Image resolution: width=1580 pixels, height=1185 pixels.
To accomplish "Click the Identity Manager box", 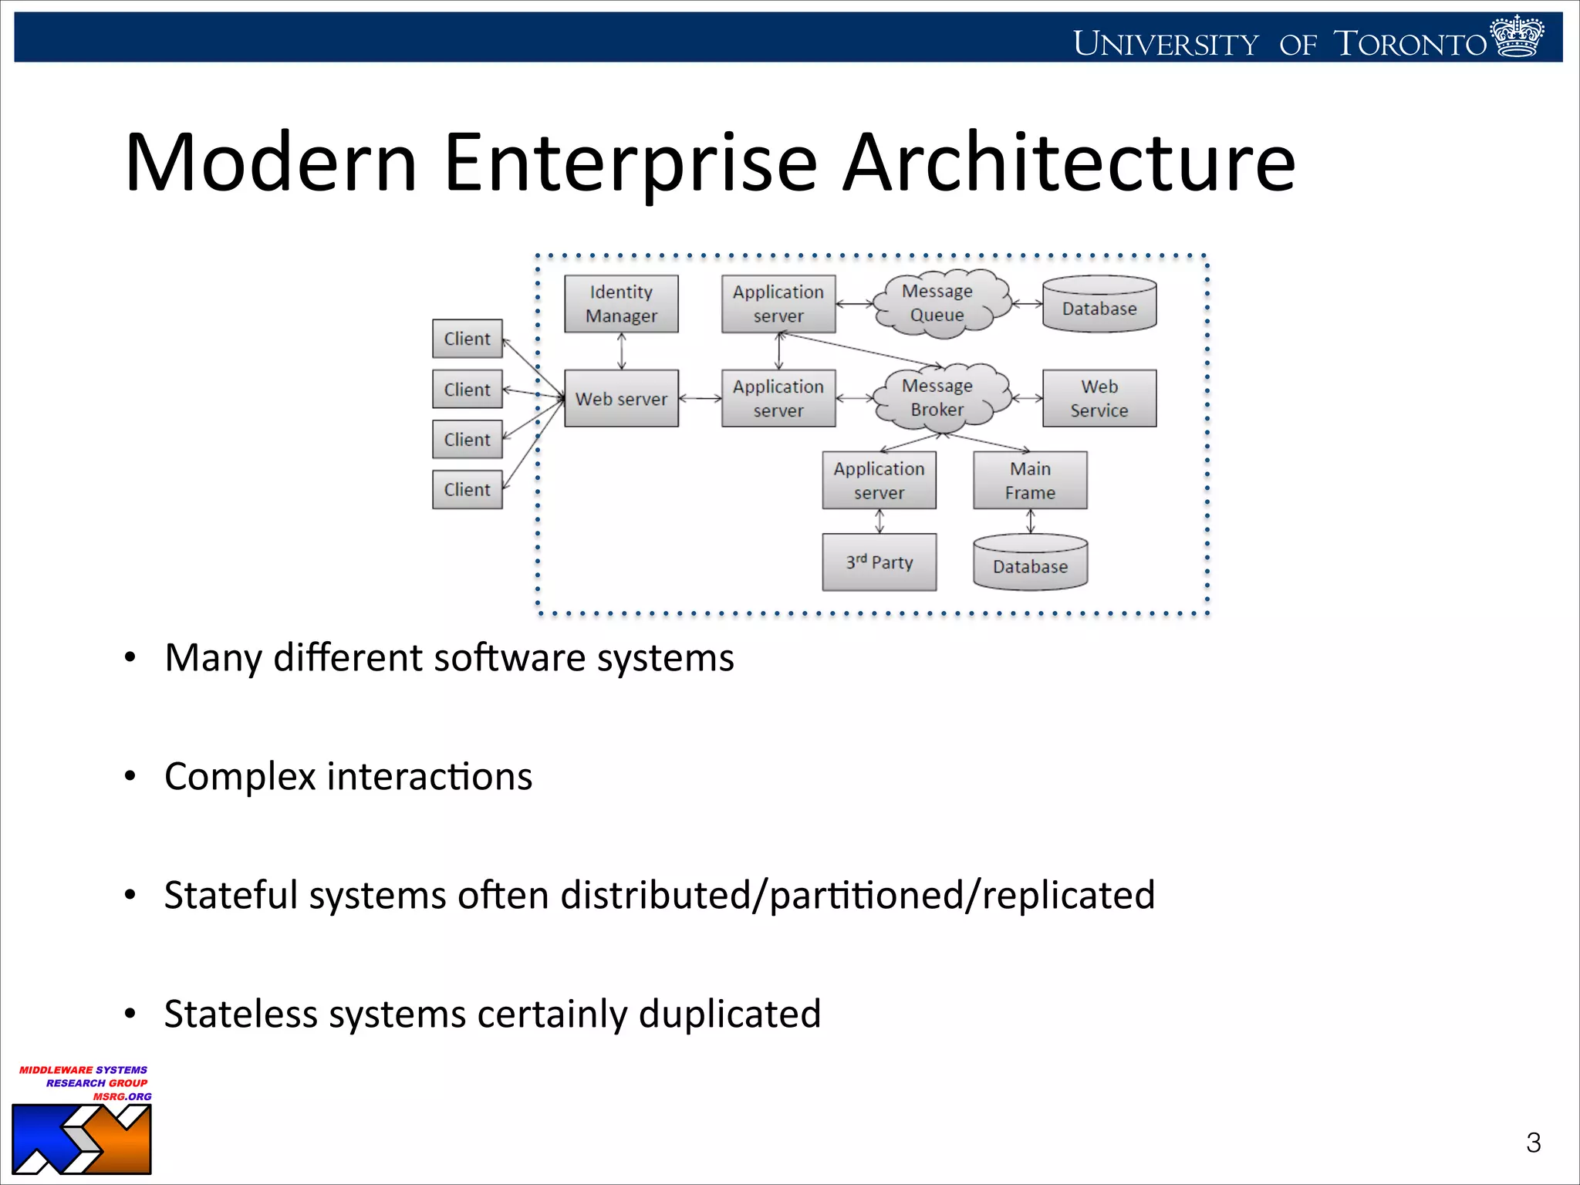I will pyautogui.click(x=621, y=304).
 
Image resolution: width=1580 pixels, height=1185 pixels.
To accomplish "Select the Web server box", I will pyautogui.click(x=621, y=398).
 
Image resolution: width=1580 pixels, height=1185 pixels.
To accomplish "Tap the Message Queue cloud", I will pyautogui.click(x=938, y=303).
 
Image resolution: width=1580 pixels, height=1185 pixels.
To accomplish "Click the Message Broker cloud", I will pyautogui.click(x=938, y=397).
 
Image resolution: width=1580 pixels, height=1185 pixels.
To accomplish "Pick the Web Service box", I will pyautogui.click(x=1099, y=398).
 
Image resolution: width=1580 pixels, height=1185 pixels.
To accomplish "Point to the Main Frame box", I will pyautogui.click(x=1030, y=480).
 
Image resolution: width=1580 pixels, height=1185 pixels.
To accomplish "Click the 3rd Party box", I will pyautogui.click(x=879, y=562).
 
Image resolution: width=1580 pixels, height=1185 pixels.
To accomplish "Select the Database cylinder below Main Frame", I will pyautogui.click(x=1030, y=564).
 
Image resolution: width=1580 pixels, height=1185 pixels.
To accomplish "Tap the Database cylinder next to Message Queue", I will pyautogui.click(x=1099, y=306).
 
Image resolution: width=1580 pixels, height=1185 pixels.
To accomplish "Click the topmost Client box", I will pyautogui.click(x=467, y=339).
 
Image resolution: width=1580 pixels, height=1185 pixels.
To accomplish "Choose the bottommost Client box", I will pyautogui.click(x=467, y=489).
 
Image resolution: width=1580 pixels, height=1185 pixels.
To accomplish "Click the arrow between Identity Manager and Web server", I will pyautogui.click(x=622, y=351).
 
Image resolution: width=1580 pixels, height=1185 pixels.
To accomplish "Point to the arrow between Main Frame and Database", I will pyautogui.click(x=1031, y=522).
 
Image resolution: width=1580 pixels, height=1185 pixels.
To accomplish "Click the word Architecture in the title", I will pyautogui.click(x=1069, y=163).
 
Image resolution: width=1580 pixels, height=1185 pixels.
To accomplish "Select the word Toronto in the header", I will pyautogui.click(x=1410, y=44).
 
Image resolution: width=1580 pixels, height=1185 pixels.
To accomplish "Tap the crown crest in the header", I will pyautogui.click(x=1517, y=36).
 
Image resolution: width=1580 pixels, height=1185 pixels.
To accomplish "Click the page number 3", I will pyautogui.click(x=1533, y=1143).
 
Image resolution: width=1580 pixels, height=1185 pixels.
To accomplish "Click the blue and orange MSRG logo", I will pyautogui.click(x=82, y=1139).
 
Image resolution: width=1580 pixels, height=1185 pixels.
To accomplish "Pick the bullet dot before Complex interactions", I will pyautogui.click(x=130, y=776).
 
